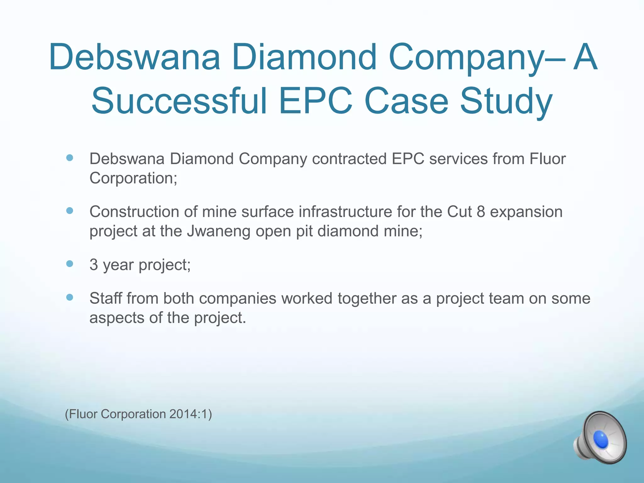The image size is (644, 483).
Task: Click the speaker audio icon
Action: pyautogui.click(x=600, y=438)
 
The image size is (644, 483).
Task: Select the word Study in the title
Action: pyautogui.click(x=506, y=101)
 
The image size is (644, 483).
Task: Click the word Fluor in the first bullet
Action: pyautogui.click(x=547, y=159)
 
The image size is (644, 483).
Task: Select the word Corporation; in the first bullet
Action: pyautogui.click(x=133, y=178)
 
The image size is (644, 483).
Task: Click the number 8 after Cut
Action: pyautogui.click(x=481, y=212)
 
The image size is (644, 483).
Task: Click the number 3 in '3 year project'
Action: pyautogui.click(x=94, y=265)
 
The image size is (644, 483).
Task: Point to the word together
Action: pyautogui.click(x=367, y=298)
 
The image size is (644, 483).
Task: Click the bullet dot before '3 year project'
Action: pyautogui.click(x=70, y=264)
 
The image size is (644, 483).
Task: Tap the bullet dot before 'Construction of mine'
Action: pyautogui.click(x=70, y=210)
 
